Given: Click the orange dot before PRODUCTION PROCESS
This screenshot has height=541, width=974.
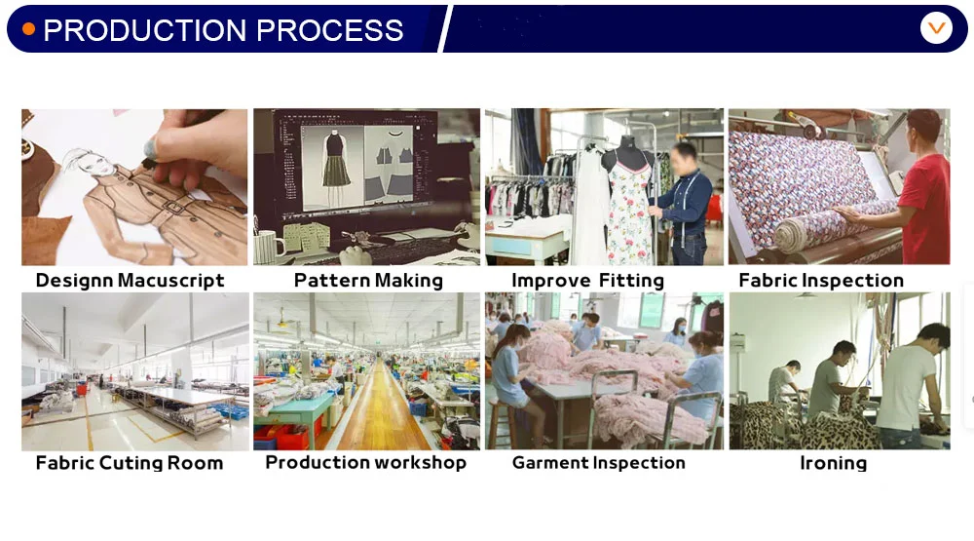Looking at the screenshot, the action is (x=28, y=28).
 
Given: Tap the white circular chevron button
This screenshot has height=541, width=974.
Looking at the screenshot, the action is (x=936, y=28).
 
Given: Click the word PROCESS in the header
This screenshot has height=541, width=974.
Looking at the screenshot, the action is (x=330, y=30).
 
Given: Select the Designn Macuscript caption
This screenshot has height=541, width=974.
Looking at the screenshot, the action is (x=130, y=281).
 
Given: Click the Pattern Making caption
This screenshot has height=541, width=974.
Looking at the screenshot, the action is (x=368, y=281).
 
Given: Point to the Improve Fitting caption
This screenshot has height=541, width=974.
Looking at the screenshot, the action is (x=587, y=281).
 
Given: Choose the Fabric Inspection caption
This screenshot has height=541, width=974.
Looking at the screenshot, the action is (x=821, y=281).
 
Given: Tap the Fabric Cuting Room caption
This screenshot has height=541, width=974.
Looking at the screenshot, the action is (x=130, y=463).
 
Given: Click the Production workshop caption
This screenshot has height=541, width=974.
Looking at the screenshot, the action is (x=366, y=462).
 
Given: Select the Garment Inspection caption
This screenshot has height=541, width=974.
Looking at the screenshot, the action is (x=599, y=463).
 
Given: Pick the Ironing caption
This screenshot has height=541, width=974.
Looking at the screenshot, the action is (x=833, y=463).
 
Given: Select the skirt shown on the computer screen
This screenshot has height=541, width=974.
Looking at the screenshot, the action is (x=336, y=172).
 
